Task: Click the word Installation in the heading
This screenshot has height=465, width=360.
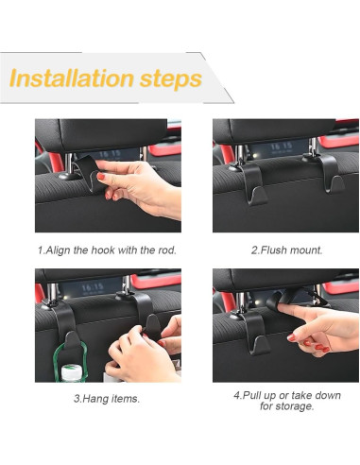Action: point(72,77)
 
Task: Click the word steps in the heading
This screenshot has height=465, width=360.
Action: point(171,79)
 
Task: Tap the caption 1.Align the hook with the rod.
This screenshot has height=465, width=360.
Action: point(107,250)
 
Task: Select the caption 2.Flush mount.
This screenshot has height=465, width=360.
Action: point(287,250)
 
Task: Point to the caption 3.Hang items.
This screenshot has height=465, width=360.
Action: point(107,399)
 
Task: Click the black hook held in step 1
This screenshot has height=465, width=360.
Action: point(90,174)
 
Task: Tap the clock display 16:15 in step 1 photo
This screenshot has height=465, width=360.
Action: point(110,154)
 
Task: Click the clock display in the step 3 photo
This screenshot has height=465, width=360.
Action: point(93,287)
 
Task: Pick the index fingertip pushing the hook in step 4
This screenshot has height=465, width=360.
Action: point(283,307)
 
